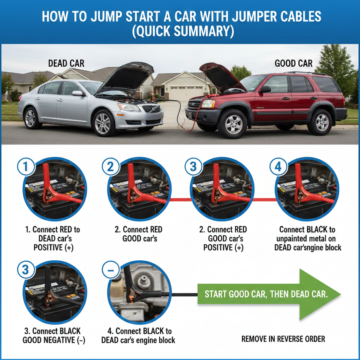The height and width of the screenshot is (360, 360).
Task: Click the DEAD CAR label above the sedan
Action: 66,63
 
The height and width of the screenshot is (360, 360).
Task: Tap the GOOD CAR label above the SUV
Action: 293,63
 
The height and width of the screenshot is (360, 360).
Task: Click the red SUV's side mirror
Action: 265,89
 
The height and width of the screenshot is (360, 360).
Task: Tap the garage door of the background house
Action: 186,93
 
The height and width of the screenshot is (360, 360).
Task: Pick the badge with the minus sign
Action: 111,270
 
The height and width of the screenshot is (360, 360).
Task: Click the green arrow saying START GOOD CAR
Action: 269,294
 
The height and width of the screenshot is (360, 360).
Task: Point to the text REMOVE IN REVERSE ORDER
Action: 283,339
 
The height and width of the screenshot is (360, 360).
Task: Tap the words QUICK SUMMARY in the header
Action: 183,31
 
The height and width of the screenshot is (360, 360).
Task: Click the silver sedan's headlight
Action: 128,107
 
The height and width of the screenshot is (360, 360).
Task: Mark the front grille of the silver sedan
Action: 152,109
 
